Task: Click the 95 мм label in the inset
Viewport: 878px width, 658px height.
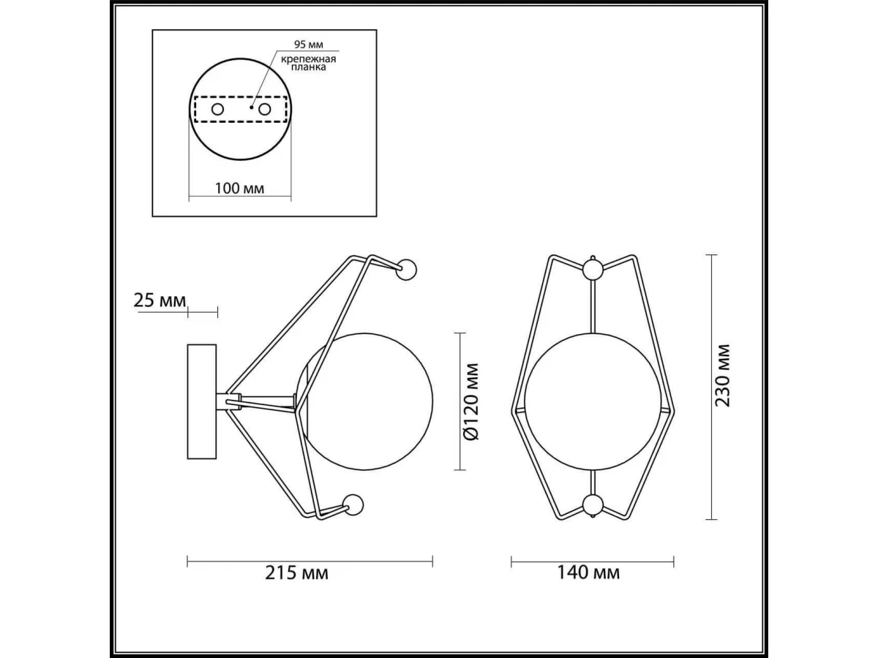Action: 309,44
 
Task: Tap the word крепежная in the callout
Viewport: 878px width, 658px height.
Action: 308,59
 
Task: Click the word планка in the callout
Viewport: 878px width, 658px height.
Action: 308,67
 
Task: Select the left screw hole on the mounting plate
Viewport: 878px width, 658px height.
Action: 217,109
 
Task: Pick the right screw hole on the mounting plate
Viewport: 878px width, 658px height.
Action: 264,109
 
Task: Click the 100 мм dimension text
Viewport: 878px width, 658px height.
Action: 239,188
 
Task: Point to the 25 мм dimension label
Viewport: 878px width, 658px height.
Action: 160,300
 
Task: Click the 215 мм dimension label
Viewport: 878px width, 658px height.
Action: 296,573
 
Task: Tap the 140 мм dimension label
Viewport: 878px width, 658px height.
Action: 588,573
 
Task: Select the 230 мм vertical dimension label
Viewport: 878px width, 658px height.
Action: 722,376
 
